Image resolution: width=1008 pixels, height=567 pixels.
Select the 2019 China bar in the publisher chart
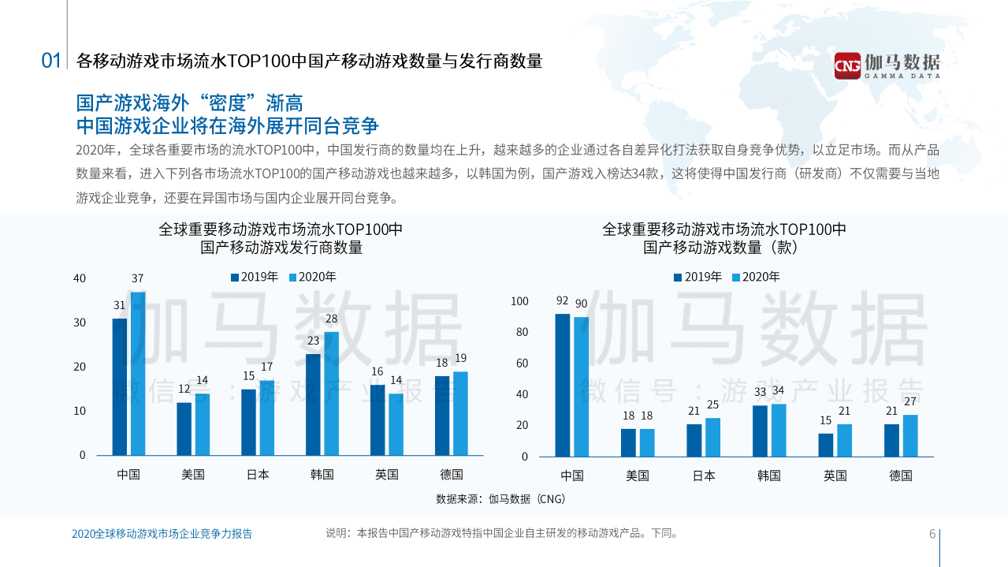tap(119, 386)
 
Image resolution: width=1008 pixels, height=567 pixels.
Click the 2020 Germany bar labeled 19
tap(460, 413)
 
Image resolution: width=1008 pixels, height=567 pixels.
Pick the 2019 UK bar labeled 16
tap(378, 420)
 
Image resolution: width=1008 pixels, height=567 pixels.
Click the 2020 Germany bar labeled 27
tap(910, 435)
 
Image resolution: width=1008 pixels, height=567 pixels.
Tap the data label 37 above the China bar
tap(138, 278)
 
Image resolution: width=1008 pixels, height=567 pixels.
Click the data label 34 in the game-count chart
tap(779, 390)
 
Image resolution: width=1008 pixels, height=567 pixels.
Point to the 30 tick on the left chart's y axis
tap(80, 323)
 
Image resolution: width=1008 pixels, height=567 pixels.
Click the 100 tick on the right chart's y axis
tap(520, 301)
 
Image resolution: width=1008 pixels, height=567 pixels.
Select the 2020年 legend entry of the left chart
tap(313, 277)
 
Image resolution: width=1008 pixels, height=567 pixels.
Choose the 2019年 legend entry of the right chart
tap(697, 277)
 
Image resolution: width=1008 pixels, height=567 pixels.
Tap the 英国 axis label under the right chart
tap(835, 476)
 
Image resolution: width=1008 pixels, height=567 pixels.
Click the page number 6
tap(932, 534)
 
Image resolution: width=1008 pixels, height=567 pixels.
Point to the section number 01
tap(51, 61)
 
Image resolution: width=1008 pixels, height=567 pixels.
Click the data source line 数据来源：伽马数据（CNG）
tap(500, 499)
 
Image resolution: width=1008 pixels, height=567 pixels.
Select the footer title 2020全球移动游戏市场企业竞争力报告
tap(162, 534)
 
